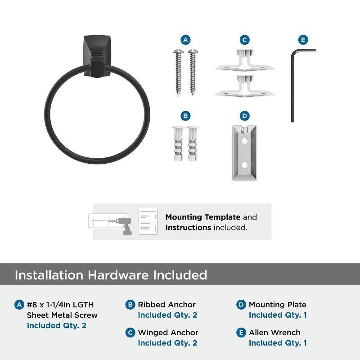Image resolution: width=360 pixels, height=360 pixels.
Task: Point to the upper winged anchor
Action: point(244,61)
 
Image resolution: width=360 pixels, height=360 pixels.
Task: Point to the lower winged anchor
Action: point(244,86)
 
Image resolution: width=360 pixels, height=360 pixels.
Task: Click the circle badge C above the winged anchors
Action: point(244,40)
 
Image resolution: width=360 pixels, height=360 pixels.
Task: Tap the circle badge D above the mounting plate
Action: point(244,116)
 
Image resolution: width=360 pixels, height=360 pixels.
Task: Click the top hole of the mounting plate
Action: point(244,141)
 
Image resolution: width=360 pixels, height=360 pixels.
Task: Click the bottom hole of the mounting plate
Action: point(244,166)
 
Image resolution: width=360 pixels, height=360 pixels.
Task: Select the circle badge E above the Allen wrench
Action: point(303,40)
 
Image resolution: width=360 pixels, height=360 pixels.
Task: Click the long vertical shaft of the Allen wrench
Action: point(292,85)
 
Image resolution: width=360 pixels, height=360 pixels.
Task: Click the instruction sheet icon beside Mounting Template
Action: point(148,222)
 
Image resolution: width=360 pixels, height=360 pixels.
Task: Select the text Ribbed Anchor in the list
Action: point(166,305)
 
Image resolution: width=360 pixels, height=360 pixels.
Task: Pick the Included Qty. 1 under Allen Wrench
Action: point(278,343)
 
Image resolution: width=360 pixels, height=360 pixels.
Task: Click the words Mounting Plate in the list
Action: point(277,305)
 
